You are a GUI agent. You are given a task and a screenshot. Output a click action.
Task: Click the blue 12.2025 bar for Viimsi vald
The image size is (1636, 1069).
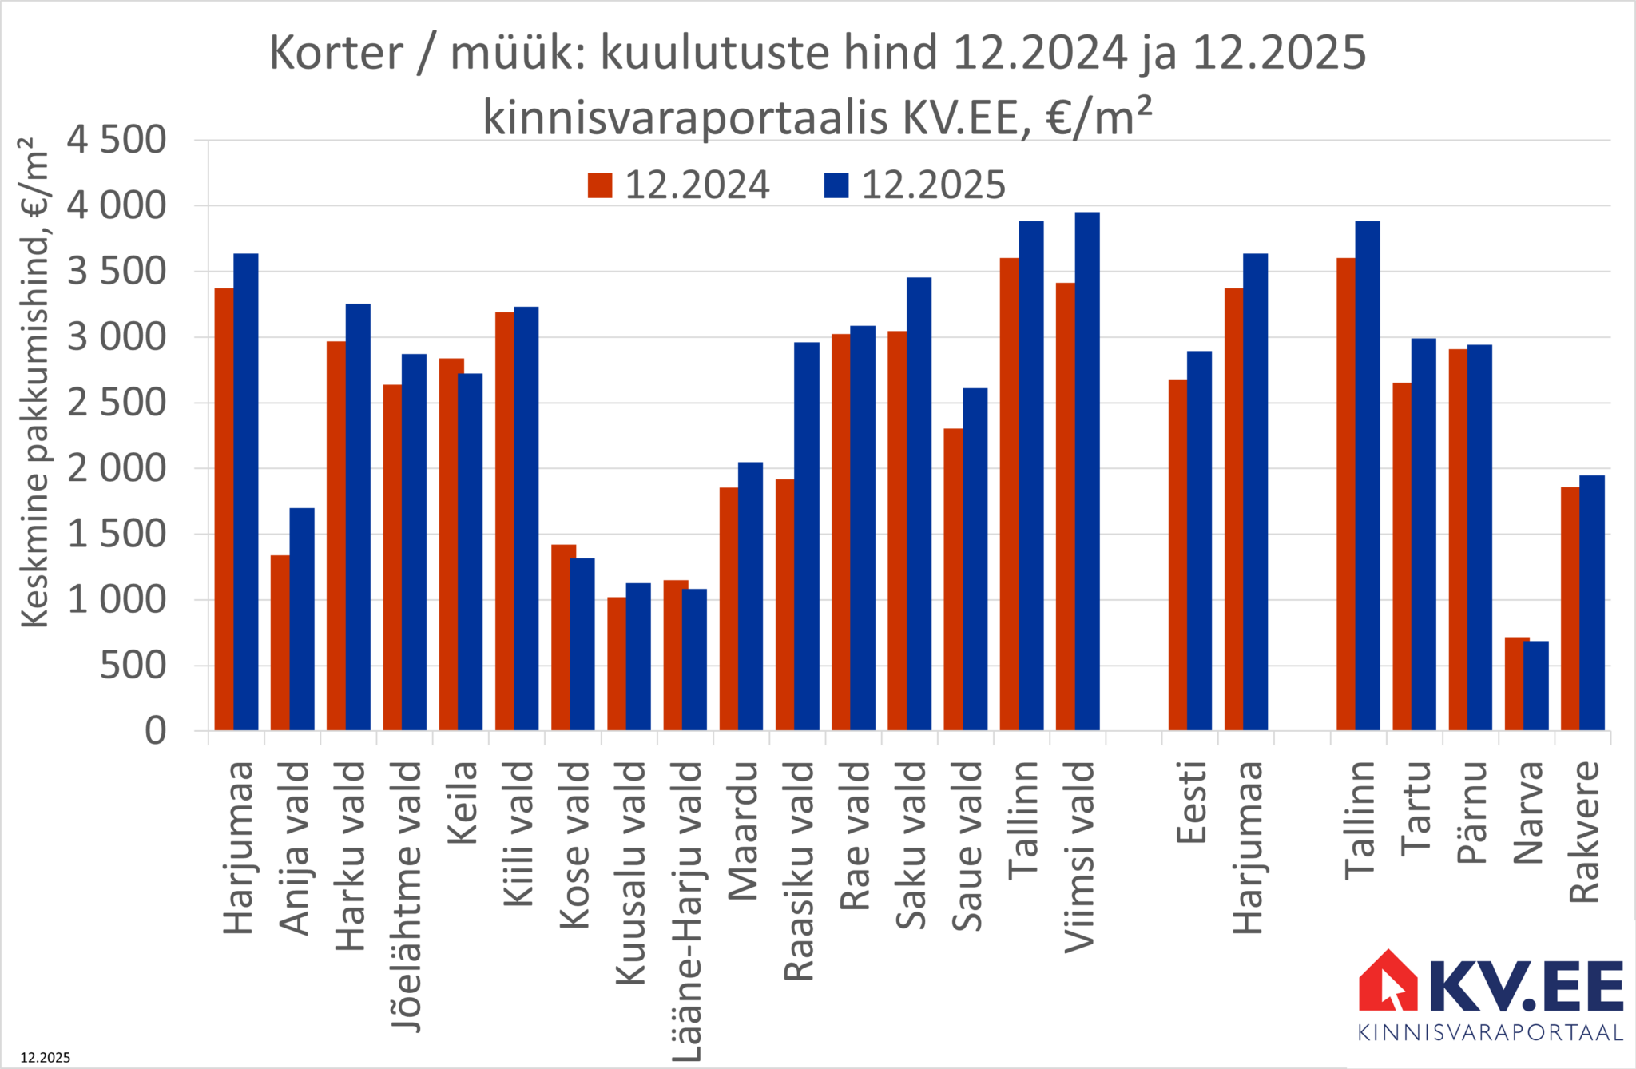(1087, 471)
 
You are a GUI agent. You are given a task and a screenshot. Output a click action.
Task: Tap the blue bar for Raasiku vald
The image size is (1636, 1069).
(807, 536)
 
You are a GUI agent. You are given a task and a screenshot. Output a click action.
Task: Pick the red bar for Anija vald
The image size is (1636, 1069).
(280, 642)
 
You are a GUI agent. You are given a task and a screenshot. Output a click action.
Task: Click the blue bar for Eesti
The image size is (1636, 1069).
(1199, 540)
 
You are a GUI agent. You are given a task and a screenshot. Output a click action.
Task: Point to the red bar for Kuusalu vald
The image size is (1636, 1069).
(616, 663)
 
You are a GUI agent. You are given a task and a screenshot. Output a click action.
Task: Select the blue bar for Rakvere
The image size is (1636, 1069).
(1592, 602)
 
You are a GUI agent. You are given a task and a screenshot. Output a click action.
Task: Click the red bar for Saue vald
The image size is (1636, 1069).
(952, 579)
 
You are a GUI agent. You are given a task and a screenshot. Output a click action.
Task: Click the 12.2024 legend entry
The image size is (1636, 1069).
(678, 185)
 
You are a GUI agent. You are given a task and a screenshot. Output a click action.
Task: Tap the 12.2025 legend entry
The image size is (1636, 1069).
(915, 185)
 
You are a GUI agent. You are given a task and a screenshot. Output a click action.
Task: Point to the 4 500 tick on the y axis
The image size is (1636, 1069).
(117, 140)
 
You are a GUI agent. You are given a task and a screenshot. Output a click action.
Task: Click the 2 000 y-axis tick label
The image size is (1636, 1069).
(117, 468)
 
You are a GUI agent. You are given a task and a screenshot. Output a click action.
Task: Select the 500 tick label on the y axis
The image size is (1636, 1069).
(133, 665)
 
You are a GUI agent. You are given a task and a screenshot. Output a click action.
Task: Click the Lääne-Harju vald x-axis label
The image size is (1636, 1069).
(686, 911)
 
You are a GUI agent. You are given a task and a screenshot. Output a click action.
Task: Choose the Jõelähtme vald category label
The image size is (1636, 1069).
(406, 895)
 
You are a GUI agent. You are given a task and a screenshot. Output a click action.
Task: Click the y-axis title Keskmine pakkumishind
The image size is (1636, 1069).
(34, 383)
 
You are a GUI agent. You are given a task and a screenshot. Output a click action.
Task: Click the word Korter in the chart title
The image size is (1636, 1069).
(336, 54)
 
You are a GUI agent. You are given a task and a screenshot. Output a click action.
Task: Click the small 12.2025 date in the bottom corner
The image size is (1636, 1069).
(46, 1058)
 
